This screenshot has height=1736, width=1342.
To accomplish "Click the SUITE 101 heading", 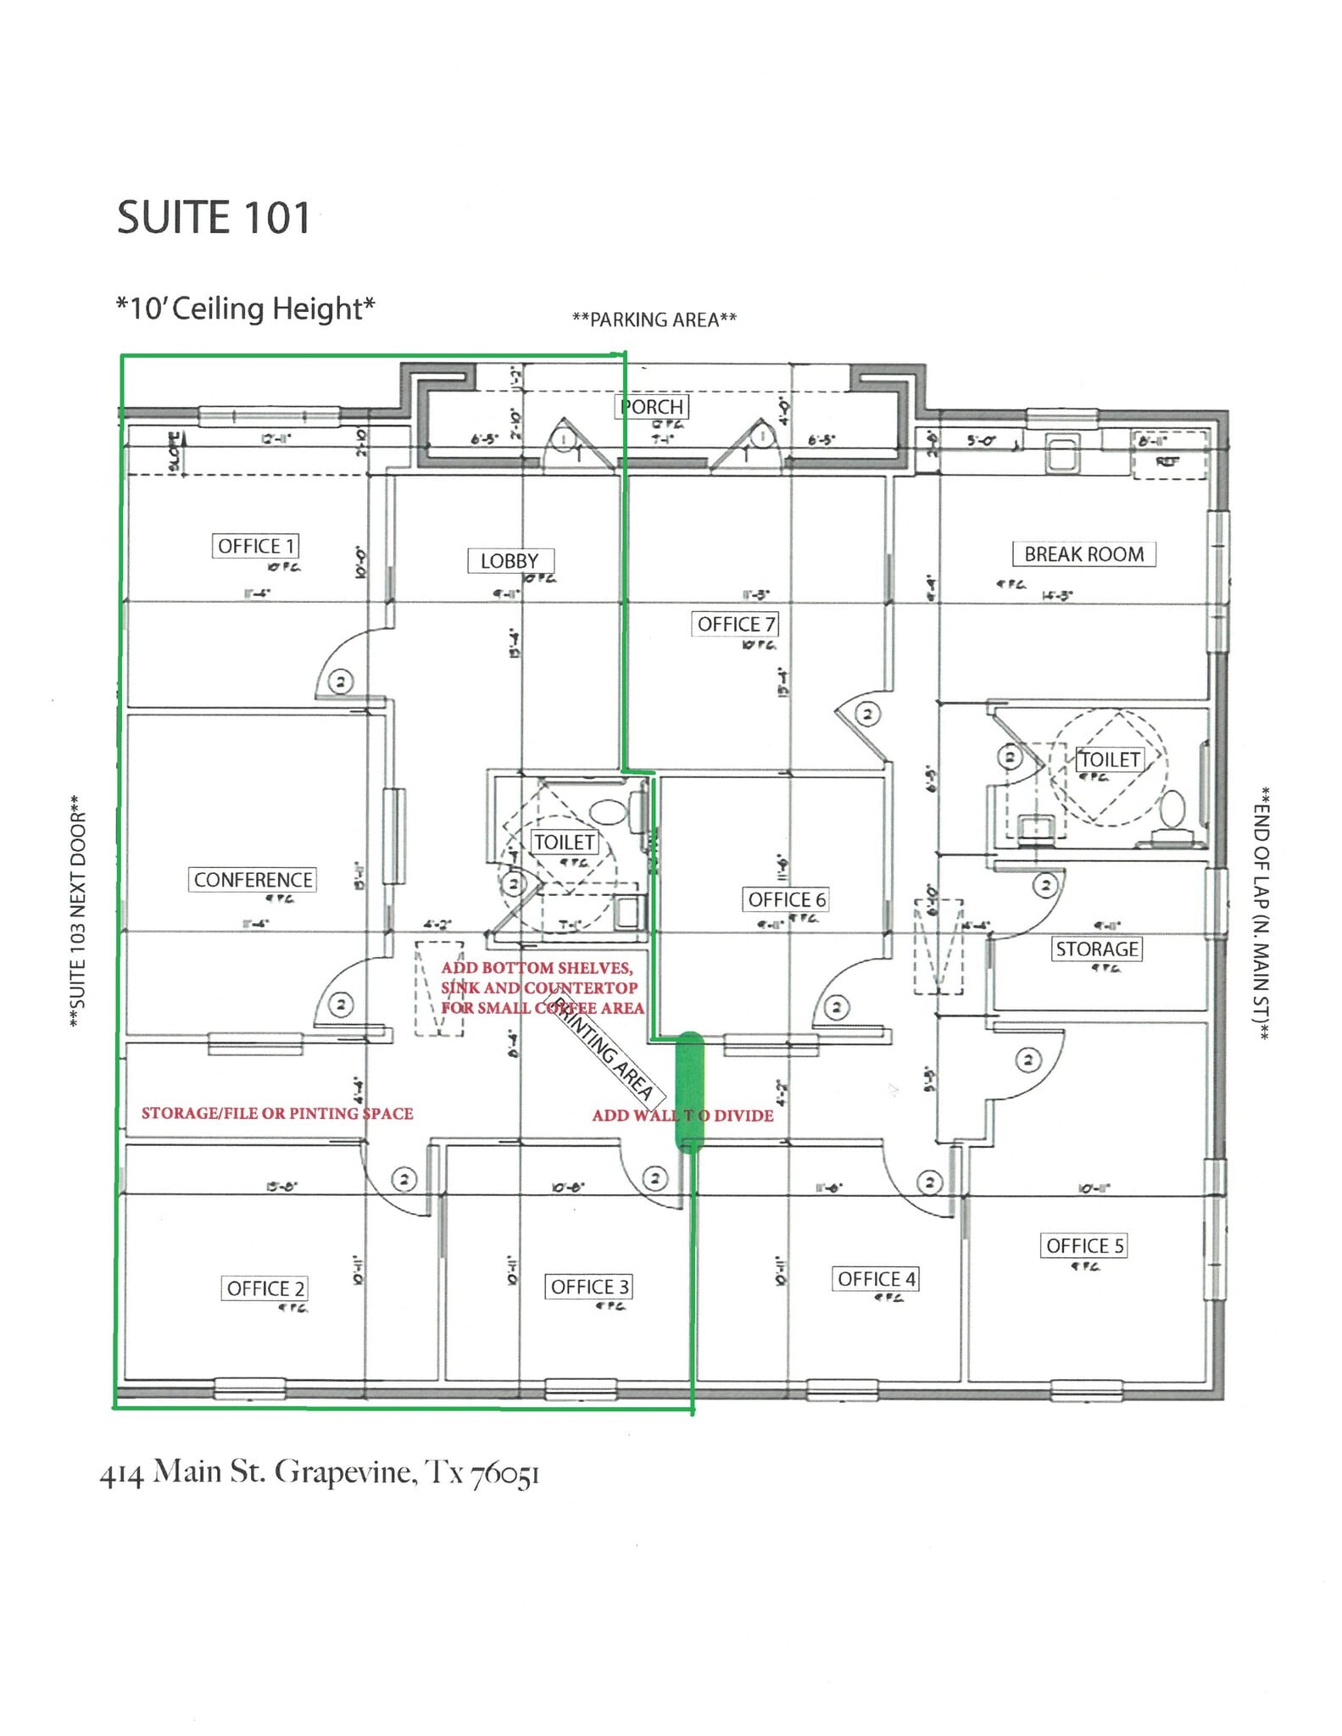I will [214, 218].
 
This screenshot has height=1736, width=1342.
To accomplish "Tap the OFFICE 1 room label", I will [255, 546].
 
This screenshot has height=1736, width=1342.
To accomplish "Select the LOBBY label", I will [510, 561].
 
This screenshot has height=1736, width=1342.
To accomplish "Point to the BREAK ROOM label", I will [1083, 554].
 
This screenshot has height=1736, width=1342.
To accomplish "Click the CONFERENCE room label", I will [253, 880].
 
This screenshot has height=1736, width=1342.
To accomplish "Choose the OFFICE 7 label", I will [736, 625].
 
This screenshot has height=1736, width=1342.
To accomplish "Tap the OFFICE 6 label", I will [786, 899].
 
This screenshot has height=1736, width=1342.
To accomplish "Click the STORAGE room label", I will [1097, 949].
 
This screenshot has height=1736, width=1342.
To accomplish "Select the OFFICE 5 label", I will [1084, 1246].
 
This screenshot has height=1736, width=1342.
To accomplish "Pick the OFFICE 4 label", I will [877, 1279].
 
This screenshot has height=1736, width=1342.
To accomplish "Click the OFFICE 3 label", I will [589, 1288].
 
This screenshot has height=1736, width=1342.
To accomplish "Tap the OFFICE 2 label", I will [265, 1289].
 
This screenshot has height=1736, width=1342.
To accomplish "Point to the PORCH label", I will [652, 407].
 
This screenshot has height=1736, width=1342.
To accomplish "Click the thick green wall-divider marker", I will [690, 1092].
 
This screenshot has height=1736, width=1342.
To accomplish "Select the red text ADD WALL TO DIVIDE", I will [682, 1116].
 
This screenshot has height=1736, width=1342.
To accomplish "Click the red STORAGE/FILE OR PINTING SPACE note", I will [277, 1114].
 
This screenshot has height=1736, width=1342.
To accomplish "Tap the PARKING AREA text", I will [654, 320].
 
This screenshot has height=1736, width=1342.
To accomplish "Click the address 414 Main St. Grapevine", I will [320, 1472].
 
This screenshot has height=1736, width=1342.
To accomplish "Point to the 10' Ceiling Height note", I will [246, 308].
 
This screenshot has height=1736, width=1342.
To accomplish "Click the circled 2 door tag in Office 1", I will [341, 682].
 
